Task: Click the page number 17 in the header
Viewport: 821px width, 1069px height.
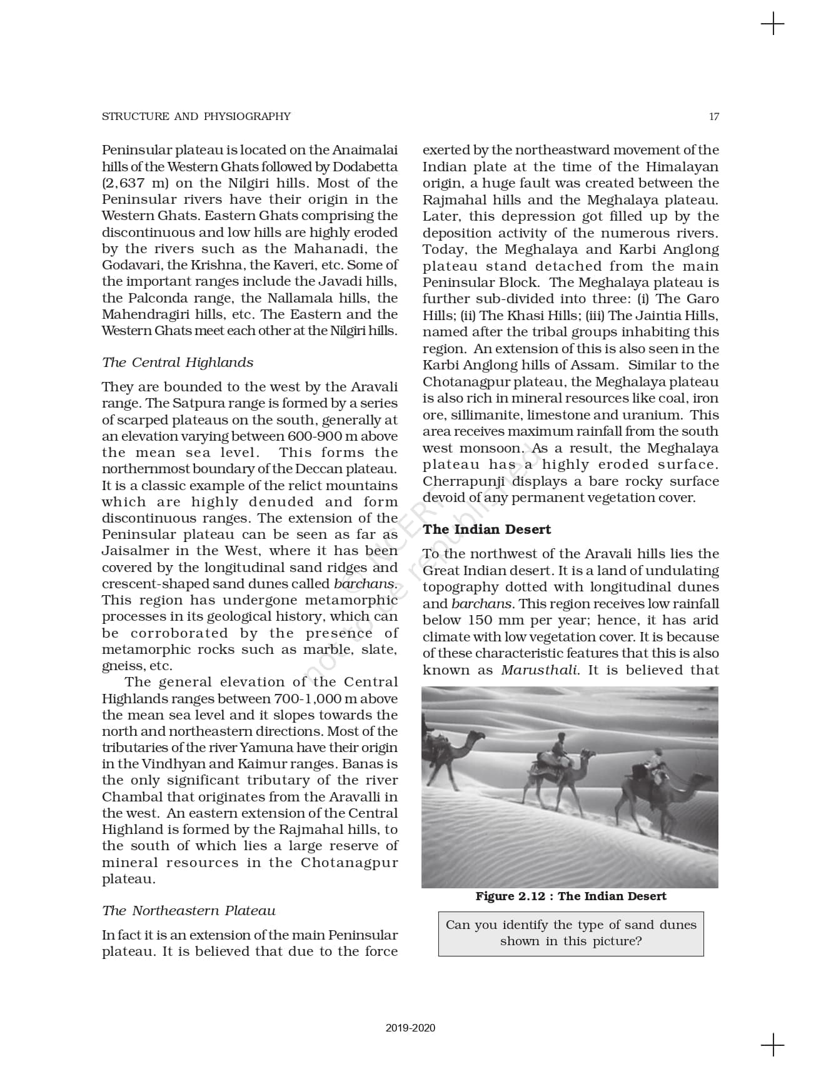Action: point(713,116)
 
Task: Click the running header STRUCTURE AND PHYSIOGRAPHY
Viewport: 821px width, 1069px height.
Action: point(196,116)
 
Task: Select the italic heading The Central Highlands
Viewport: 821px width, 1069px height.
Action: point(178,363)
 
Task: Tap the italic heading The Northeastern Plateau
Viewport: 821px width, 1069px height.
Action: point(189,911)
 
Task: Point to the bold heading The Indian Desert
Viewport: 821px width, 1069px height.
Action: point(486,529)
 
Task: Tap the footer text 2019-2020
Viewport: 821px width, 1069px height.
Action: point(410,1028)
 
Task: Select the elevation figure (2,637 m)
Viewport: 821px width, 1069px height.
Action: point(133,183)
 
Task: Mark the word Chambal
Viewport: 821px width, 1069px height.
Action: point(131,797)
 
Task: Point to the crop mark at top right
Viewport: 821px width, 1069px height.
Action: point(773,24)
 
